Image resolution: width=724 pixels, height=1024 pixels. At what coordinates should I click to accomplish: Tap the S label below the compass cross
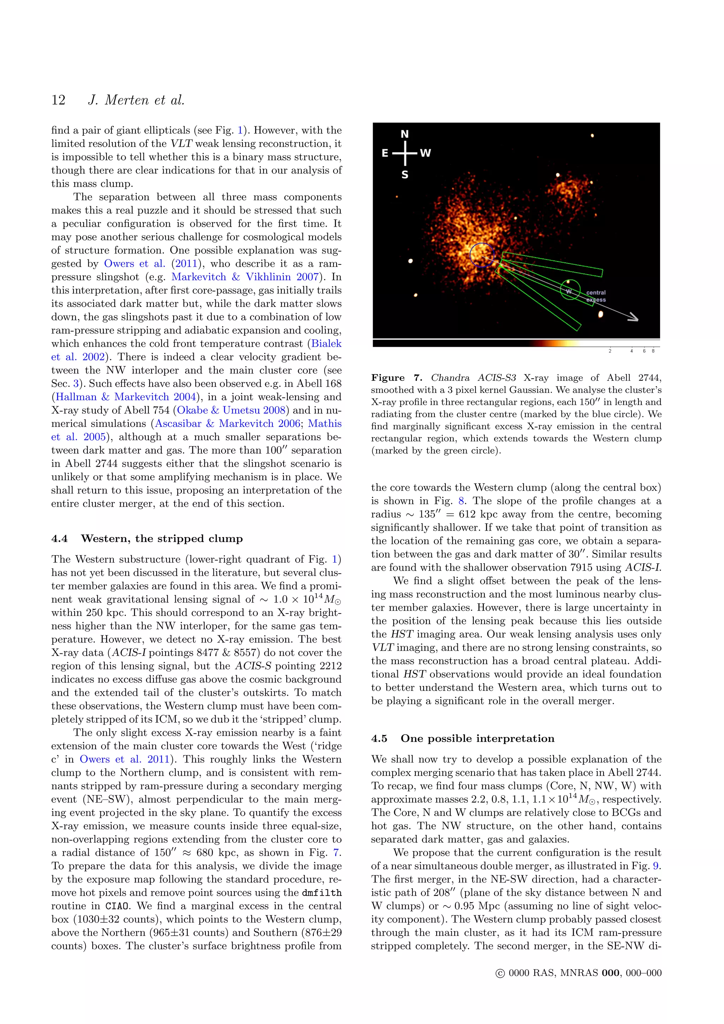point(405,175)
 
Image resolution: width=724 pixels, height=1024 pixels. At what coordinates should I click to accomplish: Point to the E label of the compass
point(385,153)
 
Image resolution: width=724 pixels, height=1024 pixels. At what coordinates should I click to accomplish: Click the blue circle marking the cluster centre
point(481,255)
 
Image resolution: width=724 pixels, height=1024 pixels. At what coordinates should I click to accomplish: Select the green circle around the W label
point(570,290)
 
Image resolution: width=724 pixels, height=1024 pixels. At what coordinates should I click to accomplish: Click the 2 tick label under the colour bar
point(610,351)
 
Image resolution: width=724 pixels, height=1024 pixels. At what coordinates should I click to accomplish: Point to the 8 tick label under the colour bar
point(653,351)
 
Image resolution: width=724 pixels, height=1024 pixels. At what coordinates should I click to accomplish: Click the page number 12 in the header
point(58,100)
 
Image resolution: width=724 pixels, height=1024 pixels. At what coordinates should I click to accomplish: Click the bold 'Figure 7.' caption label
point(396,378)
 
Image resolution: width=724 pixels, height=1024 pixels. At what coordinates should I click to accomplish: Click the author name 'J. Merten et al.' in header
point(136,100)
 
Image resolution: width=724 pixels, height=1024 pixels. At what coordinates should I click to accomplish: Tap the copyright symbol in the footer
point(500,973)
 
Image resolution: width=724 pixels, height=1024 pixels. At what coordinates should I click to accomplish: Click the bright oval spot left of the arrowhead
point(601,314)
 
